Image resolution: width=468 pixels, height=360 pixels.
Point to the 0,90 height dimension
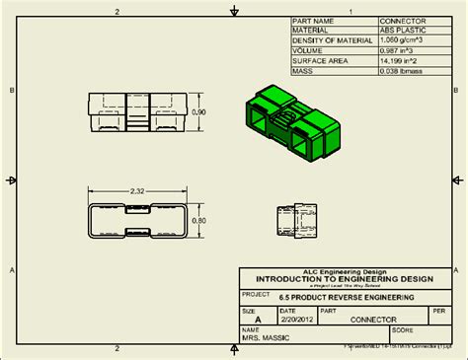(197, 112)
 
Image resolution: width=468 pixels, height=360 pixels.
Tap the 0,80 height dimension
(197, 221)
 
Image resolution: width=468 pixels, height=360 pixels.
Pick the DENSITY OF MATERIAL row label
(334, 40)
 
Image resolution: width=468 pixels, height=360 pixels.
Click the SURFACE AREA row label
(321, 60)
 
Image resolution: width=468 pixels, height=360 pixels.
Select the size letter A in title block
(259, 320)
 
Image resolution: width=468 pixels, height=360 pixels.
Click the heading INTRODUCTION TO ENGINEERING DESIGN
(339, 279)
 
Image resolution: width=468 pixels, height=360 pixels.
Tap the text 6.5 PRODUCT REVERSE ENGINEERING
(348, 298)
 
